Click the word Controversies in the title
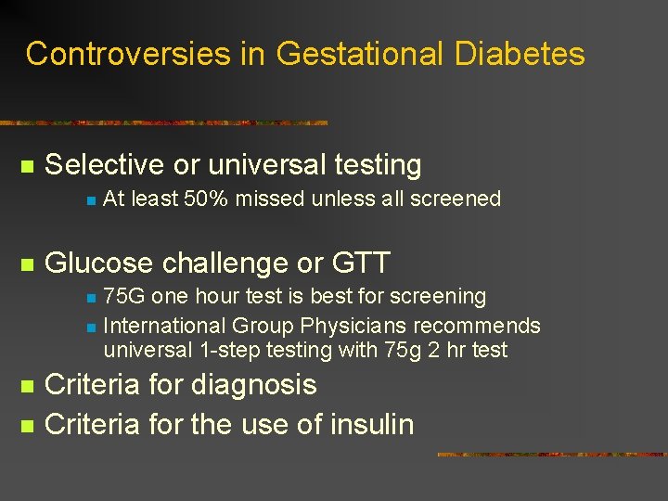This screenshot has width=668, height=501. click(x=129, y=54)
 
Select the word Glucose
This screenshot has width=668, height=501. click(x=97, y=263)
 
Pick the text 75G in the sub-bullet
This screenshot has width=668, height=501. click(x=124, y=297)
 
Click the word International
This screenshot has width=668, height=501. click(x=163, y=327)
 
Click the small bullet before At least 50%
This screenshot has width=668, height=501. click(x=89, y=199)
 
